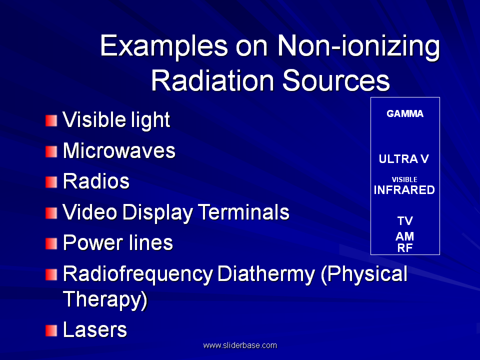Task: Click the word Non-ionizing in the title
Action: tap(358, 46)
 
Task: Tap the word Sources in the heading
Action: tap(336, 81)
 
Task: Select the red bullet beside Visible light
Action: tap(51, 120)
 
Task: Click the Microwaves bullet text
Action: tap(119, 150)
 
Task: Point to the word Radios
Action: tap(96, 181)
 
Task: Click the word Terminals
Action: tap(243, 212)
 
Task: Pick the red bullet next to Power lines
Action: tap(51, 244)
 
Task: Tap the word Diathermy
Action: tap(266, 275)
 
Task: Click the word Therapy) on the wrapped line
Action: tap(105, 299)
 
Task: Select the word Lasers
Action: tap(95, 329)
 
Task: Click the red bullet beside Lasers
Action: tap(51, 330)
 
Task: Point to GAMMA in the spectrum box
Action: tap(405, 114)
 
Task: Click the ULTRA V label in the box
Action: tap(404, 159)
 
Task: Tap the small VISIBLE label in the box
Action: tap(404, 179)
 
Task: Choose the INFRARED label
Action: tap(404, 190)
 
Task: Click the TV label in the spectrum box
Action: tap(405, 221)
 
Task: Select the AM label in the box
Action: tap(404, 236)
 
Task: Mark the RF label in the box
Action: tap(405, 248)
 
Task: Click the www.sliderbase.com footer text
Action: tap(240, 345)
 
